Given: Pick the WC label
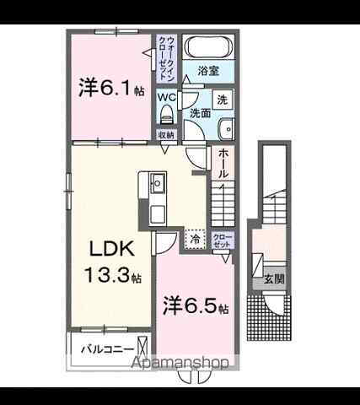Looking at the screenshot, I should (x=165, y=96).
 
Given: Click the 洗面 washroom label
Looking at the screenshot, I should (x=199, y=113).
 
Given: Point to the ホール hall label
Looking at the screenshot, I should (x=223, y=164).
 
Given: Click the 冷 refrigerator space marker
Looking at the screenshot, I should (x=195, y=240).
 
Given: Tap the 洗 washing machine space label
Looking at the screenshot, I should (x=221, y=99).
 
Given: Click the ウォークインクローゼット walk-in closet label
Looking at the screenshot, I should (x=169, y=57).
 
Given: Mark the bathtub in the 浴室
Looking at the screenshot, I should (x=210, y=47).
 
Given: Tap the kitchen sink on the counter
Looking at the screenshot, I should (x=157, y=181).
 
